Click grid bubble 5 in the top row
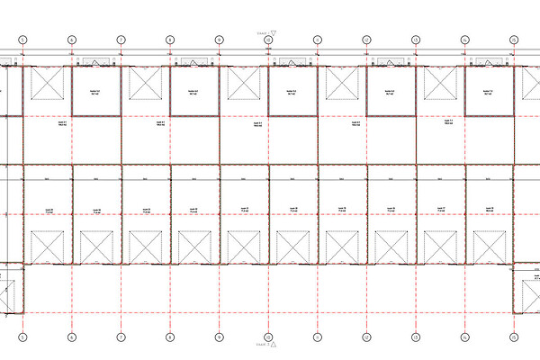22,40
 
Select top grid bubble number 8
169,40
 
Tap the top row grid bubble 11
317,40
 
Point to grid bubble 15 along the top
513,40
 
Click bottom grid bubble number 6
71,338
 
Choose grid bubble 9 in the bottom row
219,338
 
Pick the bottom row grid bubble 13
415,338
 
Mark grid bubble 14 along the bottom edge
463,338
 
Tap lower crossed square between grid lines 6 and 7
95,245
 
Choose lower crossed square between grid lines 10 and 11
292,245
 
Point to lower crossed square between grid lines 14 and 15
488,245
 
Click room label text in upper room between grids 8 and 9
193,92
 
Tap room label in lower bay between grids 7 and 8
145,210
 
